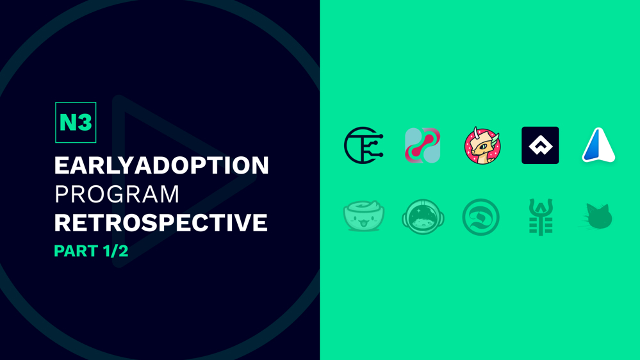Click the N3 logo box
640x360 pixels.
click(x=76, y=122)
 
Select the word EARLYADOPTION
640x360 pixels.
click(x=161, y=165)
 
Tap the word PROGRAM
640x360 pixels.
click(x=117, y=194)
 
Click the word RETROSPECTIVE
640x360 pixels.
click(x=161, y=223)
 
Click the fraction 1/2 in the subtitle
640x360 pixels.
click(x=115, y=251)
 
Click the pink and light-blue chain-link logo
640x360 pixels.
click(x=422, y=145)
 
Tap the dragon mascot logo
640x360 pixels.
click(x=482, y=145)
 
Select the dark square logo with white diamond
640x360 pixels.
click(x=541, y=145)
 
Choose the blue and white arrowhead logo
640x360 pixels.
click(x=599, y=145)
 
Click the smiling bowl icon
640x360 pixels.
click(x=364, y=216)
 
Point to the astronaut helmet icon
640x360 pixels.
click(x=423, y=217)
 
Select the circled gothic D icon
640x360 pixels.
click(x=481, y=217)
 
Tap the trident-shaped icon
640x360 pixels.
click(x=541, y=217)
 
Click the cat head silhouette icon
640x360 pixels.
click(x=598, y=217)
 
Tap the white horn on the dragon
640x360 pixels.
click(x=476, y=132)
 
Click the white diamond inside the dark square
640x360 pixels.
click(x=541, y=145)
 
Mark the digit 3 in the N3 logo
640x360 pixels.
click(x=85, y=122)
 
